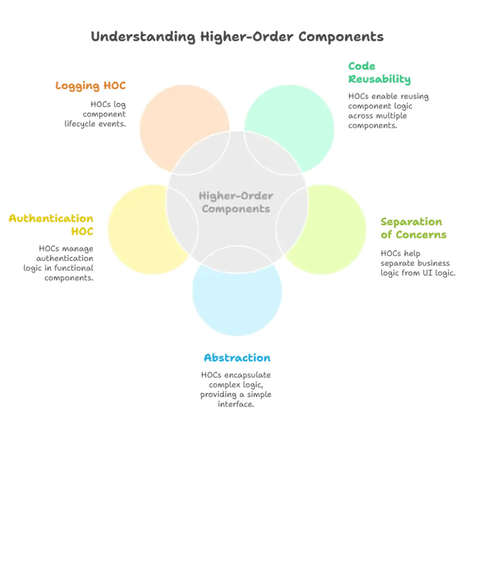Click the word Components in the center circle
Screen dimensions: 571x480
(236, 209)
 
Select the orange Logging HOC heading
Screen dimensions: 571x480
(91, 86)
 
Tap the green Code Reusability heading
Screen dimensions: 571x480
(380, 73)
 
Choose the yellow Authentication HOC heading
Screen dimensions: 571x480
(51, 224)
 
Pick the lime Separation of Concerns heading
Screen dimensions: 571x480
(414, 229)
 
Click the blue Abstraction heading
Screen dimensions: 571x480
(237, 358)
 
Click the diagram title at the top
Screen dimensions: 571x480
(237, 38)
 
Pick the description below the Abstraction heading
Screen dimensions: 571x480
(235, 390)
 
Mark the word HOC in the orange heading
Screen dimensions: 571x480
(117, 86)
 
